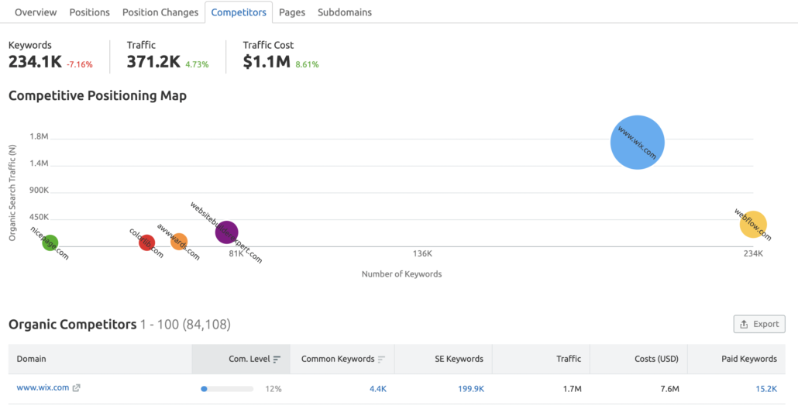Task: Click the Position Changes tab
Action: pyautogui.click(x=160, y=12)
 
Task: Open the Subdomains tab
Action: pyautogui.click(x=344, y=12)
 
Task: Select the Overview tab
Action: pyautogui.click(x=36, y=12)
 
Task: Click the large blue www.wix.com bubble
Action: pyautogui.click(x=638, y=143)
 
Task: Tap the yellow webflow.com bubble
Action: pyautogui.click(x=753, y=225)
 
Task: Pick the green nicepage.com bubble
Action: pyautogui.click(x=50, y=243)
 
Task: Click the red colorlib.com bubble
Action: pyautogui.click(x=146, y=243)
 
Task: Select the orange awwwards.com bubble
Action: pyautogui.click(x=179, y=242)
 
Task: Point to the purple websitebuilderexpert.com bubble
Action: pyautogui.click(x=226, y=232)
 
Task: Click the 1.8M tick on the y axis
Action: pyautogui.click(x=39, y=136)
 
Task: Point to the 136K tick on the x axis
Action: pyautogui.click(x=422, y=253)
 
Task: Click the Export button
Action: pyautogui.click(x=759, y=324)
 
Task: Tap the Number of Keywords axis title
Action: pyautogui.click(x=401, y=274)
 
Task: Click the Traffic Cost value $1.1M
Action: pyautogui.click(x=267, y=62)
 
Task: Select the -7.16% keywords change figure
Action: pyautogui.click(x=79, y=64)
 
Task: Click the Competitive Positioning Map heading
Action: pyautogui.click(x=98, y=96)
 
